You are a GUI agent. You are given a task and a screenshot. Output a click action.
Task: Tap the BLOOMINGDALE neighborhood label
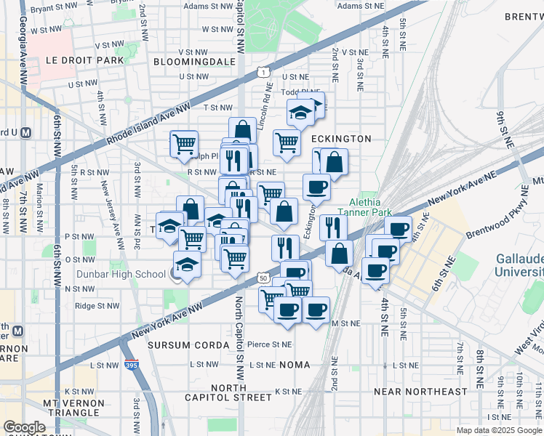coord(194,62)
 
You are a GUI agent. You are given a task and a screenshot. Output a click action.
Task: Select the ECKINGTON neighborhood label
coord(341,139)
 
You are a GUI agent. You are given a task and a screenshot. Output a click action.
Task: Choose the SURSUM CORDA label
coord(179,344)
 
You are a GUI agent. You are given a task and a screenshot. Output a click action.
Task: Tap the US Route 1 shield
coord(261,70)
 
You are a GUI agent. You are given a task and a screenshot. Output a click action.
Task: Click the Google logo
coord(24,427)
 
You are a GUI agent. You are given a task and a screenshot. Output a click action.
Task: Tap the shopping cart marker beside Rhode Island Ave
coord(185,143)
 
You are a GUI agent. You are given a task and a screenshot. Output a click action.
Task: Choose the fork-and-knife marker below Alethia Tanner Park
coord(333,227)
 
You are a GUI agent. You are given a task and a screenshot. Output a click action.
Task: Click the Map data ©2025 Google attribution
coord(499,430)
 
